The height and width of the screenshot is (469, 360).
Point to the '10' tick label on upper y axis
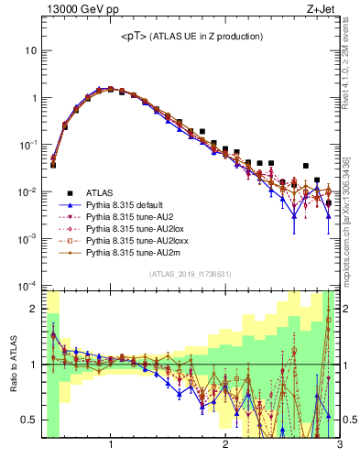[30, 50]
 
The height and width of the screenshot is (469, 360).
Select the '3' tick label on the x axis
[339, 446]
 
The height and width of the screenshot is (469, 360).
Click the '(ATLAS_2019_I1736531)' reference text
[191, 274]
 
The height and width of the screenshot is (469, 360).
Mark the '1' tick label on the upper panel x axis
[111, 446]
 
